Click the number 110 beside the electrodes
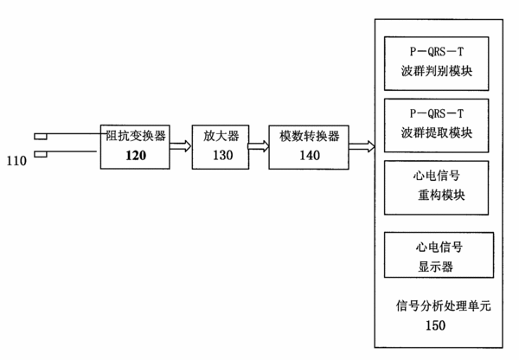click(x=16, y=161)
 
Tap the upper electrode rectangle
click(x=41, y=137)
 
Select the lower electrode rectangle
click(x=41, y=154)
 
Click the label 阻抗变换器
click(x=136, y=136)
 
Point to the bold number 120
click(x=136, y=155)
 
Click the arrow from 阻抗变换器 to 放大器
click(x=181, y=146)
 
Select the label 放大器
click(x=221, y=136)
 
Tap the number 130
click(x=223, y=155)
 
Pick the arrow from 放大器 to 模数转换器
click(x=259, y=146)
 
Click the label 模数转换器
click(x=310, y=136)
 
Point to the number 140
click(x=310, y=155)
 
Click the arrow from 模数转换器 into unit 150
click(x=362, y=146)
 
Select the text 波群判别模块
click(x=437, y=71)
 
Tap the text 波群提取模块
click(x=437, y=133)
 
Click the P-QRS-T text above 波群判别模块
click(x=437, y=52)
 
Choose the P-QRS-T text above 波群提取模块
click(x=437, y=113)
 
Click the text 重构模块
click(x=441, y=196)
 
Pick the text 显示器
click(x=436, y=267)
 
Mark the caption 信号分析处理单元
click(x=444, y=306)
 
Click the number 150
click(x=436, y=325)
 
